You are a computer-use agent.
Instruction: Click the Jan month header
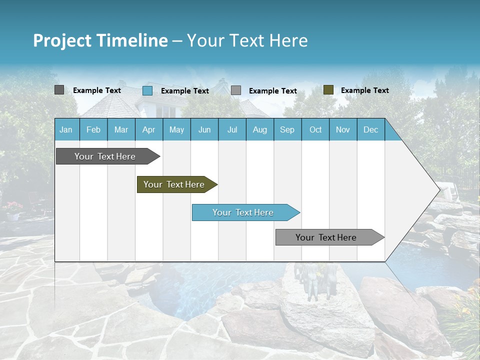coord(66,130)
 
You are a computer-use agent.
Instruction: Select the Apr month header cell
coord(149,130)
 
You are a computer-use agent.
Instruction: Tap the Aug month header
coord(260,130)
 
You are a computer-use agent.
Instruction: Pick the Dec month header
coord(370,130)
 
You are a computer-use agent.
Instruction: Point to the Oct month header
coord(315,130)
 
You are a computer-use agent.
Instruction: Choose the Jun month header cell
coord(204,130)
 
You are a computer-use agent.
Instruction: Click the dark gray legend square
coord(59,90)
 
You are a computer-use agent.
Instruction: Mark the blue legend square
coord(147,90)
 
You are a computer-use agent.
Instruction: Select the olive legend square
coord(328,90)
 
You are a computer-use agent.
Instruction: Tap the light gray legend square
coord(236,90)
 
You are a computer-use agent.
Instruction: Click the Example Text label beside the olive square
coord(365,90)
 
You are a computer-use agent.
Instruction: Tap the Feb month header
coord(93,130)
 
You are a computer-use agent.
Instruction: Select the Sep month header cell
coord(287,130)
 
